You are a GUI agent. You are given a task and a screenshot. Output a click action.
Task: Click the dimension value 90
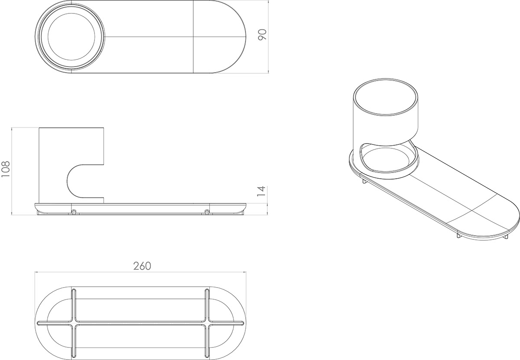point(262,35)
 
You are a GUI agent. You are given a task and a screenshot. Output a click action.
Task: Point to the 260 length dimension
point(142,266)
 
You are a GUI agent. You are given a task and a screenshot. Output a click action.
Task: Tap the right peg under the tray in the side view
point(207,212)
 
